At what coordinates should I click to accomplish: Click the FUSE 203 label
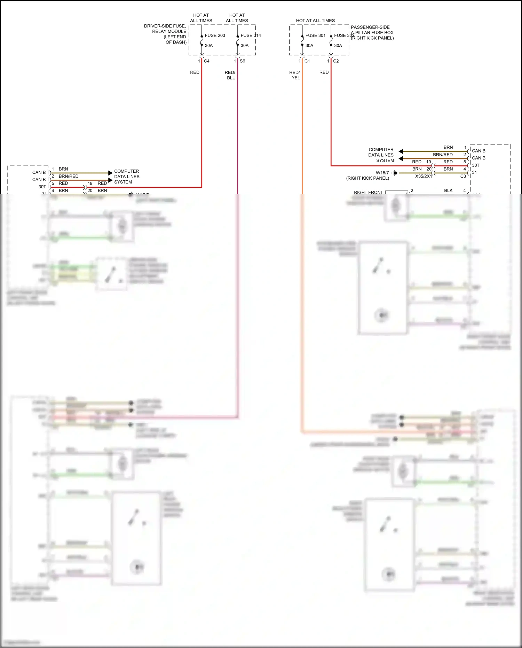pyautogui.click(x=215, y=36)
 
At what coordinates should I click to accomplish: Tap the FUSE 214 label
pyautogui.click(x=251, y=36)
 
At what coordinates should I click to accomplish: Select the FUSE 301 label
pyautogui.click(x=315, y=36)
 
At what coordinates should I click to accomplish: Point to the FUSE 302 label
pyautogui.click(x=344, y=36)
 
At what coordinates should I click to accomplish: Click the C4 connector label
pyautogui.click(x=207, y=61)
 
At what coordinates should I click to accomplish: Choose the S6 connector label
pyautogui.click(x=243, y=61)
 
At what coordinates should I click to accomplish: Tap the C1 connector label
pyautogui.click(x=307, y=61)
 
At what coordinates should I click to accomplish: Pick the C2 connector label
pyautogui.click(x=336, y=61)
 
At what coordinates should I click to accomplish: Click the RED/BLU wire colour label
pyautogui.click(x=230, y=75)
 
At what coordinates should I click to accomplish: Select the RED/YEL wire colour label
pyautogui.click(x=295, y=75)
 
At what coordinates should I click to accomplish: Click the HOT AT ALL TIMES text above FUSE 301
pyautogui.click(x=315, y=21)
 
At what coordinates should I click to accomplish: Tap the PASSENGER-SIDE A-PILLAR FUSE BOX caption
pyautogui.click(x=372, y=32)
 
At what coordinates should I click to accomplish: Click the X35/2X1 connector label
pyautogui.click(x=424, y=176)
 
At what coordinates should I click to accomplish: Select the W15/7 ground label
pyautogui.click(x=382, y=173)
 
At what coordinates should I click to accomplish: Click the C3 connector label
pyautogui.click(x=463, y=176)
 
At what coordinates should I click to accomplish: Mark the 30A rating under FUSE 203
pyautogui.click(x=209, y=46)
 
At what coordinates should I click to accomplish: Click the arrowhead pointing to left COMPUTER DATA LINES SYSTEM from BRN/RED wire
pyautogui.click(x=110, y=180)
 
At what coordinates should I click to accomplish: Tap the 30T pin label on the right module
pyautogui.click(x=476, y=165)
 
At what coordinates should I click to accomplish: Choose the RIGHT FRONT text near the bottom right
pyautogui.click(x=368, y=192)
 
